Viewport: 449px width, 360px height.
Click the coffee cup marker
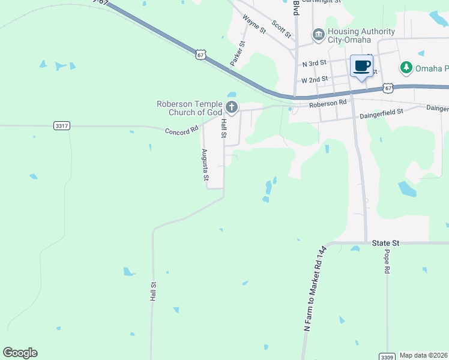pyautogui.click(x=361, y=66)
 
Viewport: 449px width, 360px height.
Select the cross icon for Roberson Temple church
pyautogui.click(x=232, y=108)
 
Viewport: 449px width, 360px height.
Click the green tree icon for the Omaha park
pyautogui.click(x=406, y=67)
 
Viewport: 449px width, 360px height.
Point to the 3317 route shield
pyautogui.click(x=62, y=125)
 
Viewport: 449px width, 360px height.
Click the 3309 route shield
pyautogui.click(x=387, y=356)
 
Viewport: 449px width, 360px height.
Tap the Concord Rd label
pyautogui.click(x=182, y=130)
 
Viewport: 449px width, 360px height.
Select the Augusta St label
pyautogui.click(x=205, y=165)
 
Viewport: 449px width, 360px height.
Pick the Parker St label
pyautogui.click(x=238, y=53)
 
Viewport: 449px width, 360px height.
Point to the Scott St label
pyautogui.click(x=281, y=27)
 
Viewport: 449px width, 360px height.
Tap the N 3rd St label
pyautogui.click(x=315, y=63)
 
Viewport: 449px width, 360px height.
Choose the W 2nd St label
pyautogui.click(x=315, y=79)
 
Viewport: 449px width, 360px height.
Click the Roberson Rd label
pyautogui.click(x=328, y=103)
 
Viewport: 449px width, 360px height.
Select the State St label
pyautogui.click(x=385, y=243)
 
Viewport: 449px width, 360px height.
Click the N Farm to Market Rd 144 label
pyautogui.click(x=315, y=288)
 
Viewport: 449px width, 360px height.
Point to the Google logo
pyautogui.click(x=20, y=353)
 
